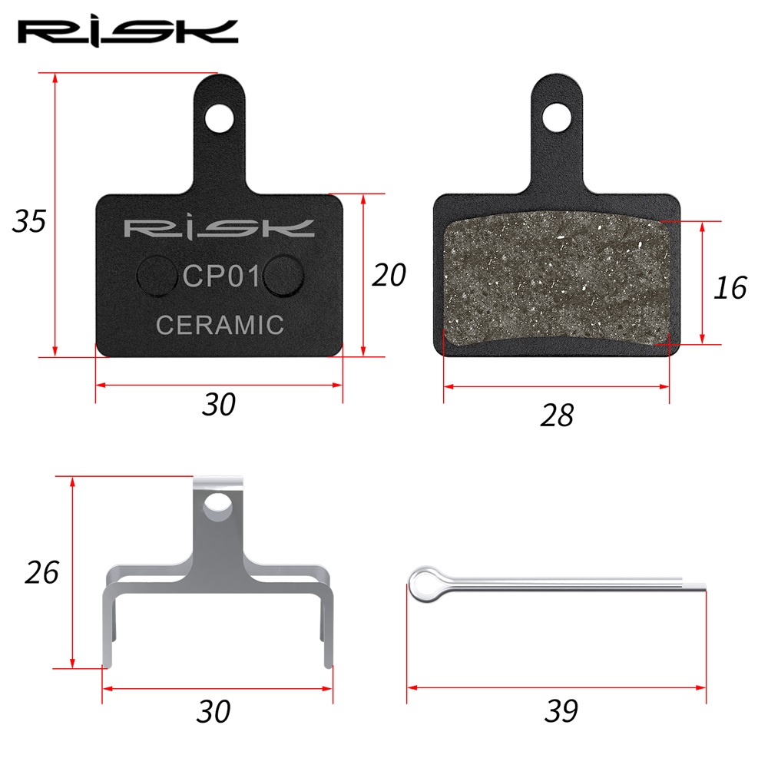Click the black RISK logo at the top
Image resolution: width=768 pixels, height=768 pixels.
click(127, 33)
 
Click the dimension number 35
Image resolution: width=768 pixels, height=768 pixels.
click(29, 221)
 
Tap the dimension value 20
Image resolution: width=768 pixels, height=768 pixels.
click(389, 275)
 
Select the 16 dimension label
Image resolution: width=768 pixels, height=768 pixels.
click(730, 287)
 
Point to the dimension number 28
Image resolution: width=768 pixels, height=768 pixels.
click(557, 415)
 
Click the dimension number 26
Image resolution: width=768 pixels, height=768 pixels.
click(42, 572)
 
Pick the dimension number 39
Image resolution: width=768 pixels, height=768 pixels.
click(561, 710)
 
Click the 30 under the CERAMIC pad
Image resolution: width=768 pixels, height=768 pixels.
click(219, 405)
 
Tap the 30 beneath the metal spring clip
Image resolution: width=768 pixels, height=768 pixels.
click(214, 712)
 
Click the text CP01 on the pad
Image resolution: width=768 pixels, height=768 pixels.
click(221, 276)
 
